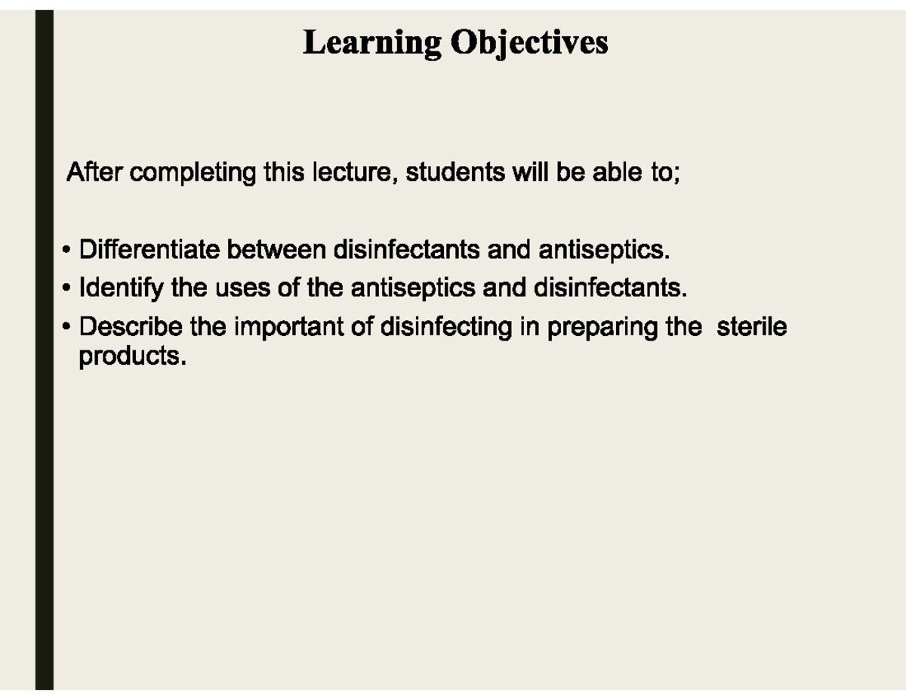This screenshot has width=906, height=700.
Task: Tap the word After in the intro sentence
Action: point(97,173)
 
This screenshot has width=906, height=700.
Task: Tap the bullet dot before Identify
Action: point(67,288)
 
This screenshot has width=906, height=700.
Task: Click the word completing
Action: point(193,174)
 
